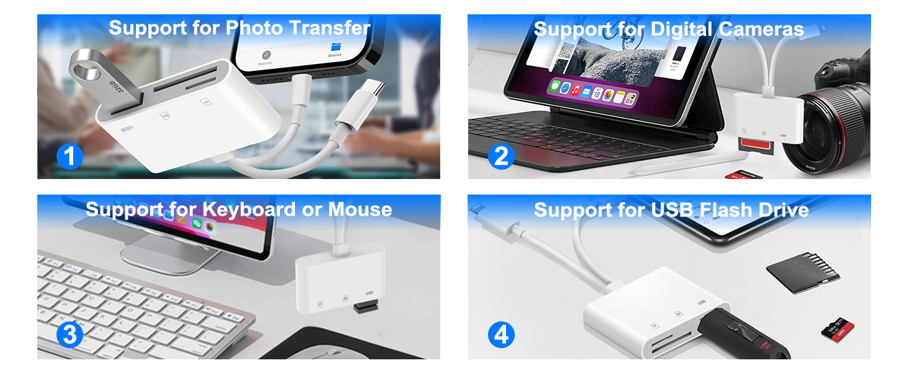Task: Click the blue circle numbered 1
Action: click(x=70, y=156)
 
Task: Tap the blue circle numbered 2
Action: click(x=501, y=156)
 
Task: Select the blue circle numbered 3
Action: click(x=70, y=335)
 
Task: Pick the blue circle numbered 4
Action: click(x=501, y=335)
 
